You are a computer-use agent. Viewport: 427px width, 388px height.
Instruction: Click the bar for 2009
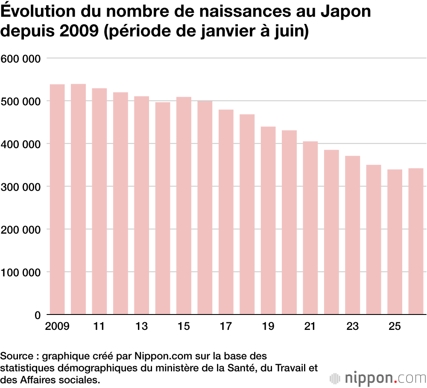pos(57,199)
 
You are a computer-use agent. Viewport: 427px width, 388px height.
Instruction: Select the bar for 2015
pos(184,206)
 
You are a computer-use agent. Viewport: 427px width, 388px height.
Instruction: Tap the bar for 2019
pos(268,220)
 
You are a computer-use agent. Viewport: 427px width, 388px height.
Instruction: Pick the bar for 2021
pos(310,228)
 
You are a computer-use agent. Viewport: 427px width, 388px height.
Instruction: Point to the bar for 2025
pos(395,242)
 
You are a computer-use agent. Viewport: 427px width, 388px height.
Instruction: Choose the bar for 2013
pos(142,205)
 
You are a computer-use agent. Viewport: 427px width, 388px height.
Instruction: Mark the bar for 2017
pos(226,212)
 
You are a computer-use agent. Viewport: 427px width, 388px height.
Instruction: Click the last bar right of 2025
pos(416,241)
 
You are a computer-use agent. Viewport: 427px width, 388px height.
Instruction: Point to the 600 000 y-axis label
pos(20,59)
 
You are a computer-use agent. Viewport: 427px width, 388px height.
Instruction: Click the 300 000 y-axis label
pos(20,187)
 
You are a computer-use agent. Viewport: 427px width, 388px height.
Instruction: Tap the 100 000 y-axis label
pos(20,273)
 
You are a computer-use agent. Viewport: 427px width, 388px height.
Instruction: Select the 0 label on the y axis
pos(38,315)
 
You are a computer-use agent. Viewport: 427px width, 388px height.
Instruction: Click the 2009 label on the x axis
pos(57,326)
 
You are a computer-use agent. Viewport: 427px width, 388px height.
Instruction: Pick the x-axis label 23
pos(352,326)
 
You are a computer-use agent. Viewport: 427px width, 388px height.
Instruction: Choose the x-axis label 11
pos(99,326)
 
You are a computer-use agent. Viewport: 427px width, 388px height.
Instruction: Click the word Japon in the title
pos(345,12)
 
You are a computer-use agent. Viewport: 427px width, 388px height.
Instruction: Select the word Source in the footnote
pos(17,356)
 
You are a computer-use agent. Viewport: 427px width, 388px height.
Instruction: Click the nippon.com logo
pos(378,378)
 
